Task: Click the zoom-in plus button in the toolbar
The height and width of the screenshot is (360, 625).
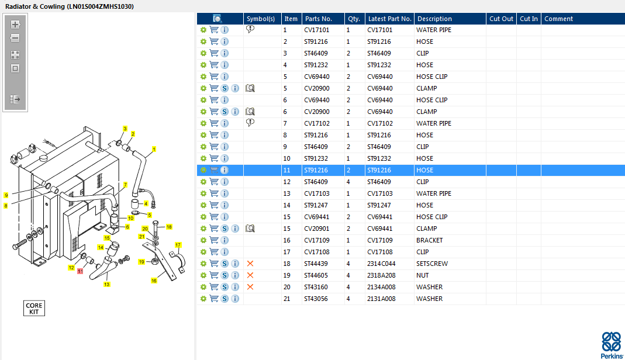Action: tap(15, 25)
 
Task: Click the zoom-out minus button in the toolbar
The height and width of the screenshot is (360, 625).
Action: tap(15, 38)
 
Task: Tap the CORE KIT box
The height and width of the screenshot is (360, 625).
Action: tap(34, 308)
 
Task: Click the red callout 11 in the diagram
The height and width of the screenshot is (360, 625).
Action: tap(80, 271)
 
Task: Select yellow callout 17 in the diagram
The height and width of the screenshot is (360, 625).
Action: tap(178, 245)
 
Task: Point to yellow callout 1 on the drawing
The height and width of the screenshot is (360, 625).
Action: tap(154, 150)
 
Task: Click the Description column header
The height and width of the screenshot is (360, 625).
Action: tap(434, 19)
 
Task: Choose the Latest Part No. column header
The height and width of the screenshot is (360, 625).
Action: tap(389, 19)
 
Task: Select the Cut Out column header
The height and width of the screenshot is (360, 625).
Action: tap(502, 19)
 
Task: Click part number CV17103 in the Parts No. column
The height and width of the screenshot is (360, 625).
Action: tap(316, 193)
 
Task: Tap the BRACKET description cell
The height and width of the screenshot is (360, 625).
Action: tap(429, 240)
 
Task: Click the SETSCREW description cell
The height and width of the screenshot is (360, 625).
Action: tap(432, 264)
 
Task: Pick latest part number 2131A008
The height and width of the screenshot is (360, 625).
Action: tap(381, 299)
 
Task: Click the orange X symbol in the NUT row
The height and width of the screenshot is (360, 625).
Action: tap(250, 275)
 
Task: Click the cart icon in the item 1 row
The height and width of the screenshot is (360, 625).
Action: tap(214, 30)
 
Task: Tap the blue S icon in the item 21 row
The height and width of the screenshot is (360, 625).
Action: tap(225, 299)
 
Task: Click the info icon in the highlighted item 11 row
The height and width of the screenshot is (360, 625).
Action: tap(225, 170)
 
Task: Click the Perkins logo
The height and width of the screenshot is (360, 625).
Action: tap(612, 345)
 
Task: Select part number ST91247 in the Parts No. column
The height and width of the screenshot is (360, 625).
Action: tap(316, 205)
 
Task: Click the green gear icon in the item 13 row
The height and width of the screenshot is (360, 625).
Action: tap(203, 193)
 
